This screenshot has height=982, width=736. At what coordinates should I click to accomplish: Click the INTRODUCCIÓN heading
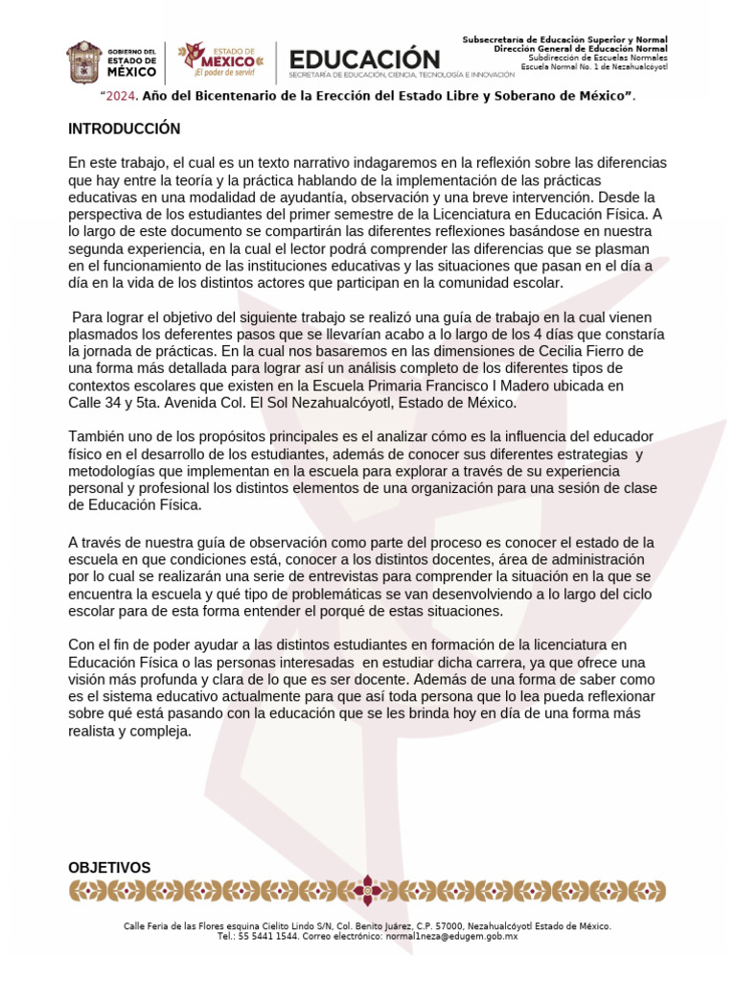124,129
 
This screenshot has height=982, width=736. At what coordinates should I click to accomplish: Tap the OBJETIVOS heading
109,868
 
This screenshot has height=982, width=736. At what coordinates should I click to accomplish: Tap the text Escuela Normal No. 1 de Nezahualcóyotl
595,67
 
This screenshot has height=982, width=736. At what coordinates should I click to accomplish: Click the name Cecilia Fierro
594,351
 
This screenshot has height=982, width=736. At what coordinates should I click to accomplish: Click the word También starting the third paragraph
98,437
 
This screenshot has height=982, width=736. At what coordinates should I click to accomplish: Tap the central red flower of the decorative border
367,892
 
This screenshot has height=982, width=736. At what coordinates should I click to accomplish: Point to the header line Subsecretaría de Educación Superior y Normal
564,39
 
